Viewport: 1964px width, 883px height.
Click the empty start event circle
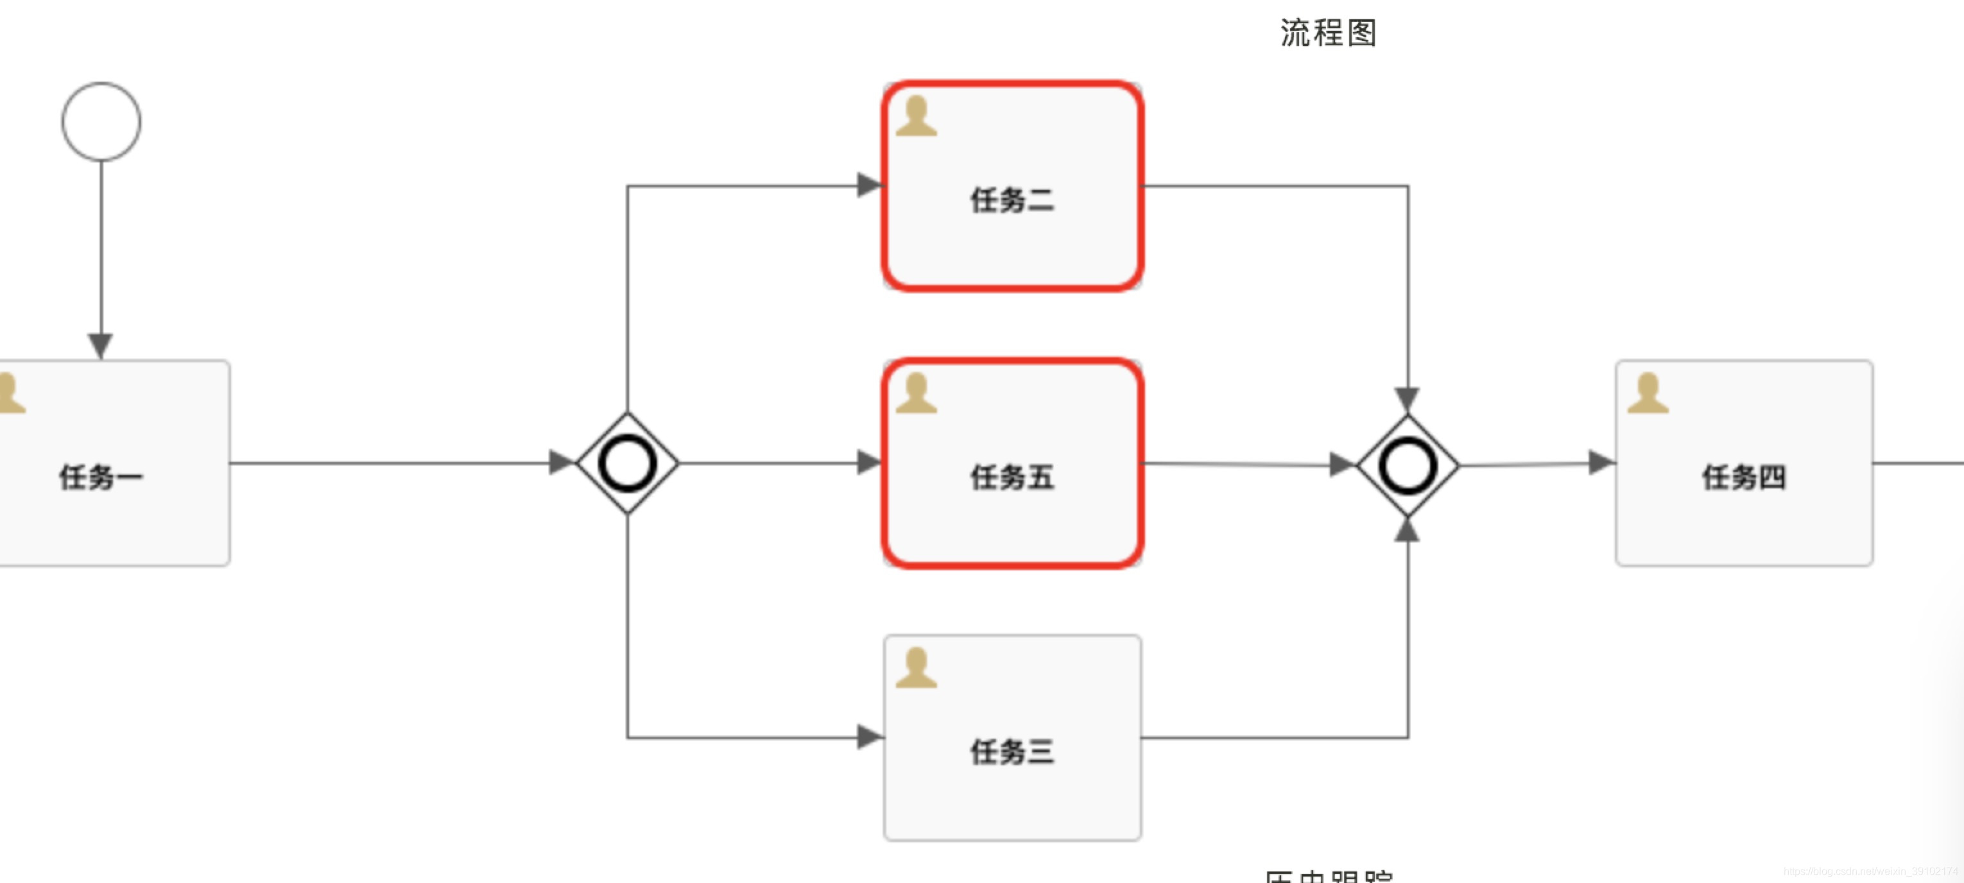coord(101,122)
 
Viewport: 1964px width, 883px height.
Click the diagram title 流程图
coord(1328,33)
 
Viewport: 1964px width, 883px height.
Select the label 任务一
coord(101,478)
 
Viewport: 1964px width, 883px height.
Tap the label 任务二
coord(1012,201)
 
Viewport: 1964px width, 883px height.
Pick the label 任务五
coord(1012,478)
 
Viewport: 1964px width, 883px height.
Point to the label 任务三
coord(1012,753)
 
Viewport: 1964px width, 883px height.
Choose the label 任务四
coord(1744,478)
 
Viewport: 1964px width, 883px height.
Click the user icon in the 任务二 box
coord(916,117)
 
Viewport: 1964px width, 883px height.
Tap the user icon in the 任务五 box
coord(916,393)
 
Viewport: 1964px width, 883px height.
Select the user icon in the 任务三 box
coord(916,668)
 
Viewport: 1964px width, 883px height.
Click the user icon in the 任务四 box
coord(1648,393)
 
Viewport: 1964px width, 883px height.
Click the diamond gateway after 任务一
coord(628,463)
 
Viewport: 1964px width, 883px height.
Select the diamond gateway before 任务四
coord(1408,466)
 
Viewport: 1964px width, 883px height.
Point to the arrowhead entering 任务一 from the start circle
coord(101,345)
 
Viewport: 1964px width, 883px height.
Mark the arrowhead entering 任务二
coord(868,185)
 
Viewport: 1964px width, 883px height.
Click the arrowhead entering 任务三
coord(868,737)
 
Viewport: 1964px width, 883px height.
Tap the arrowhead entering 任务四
coord(1600,462)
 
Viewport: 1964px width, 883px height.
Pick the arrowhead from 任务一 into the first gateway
coord(560,462)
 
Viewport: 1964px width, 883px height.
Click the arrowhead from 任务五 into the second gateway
coord(1341,465)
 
